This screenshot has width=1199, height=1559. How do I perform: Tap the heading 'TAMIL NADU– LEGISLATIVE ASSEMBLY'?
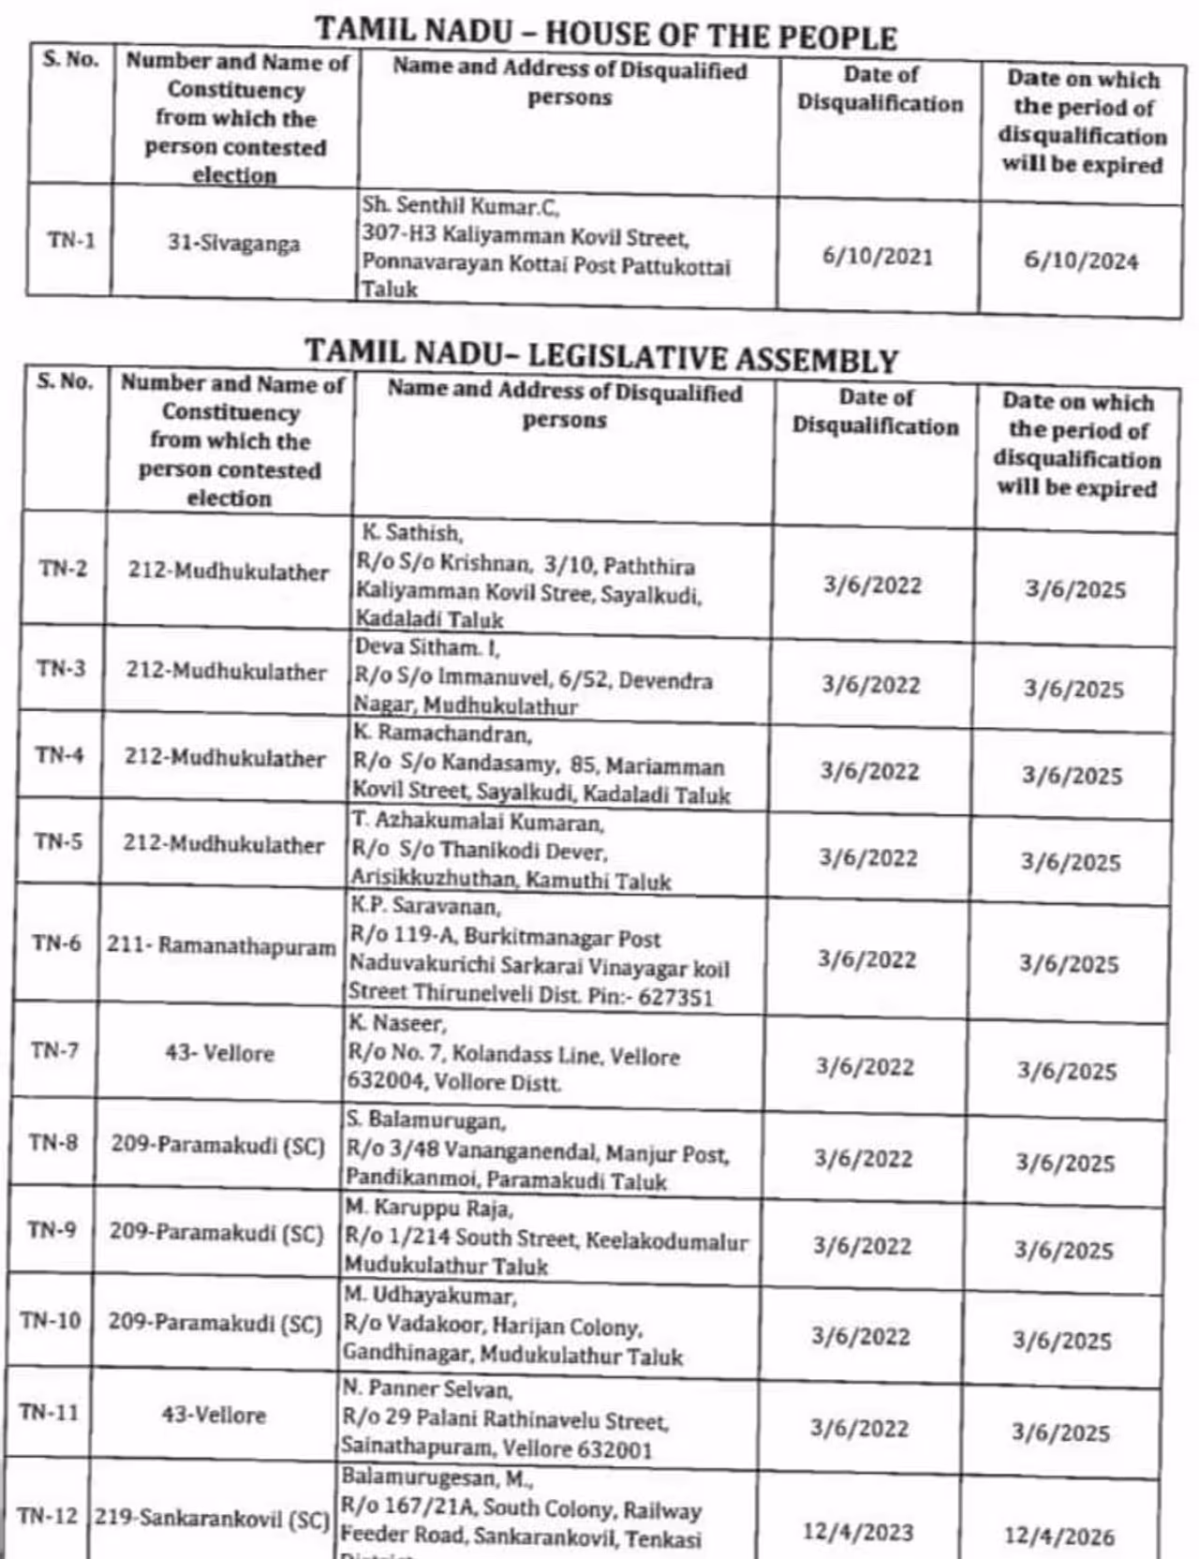pos(600,356)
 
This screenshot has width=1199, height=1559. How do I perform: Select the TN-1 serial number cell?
pos(71,241)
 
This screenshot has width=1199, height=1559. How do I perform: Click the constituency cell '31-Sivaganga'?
pos(233,244)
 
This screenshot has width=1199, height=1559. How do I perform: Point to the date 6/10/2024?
pos(1081,261)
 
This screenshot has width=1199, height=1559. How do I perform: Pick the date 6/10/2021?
pos(878,257)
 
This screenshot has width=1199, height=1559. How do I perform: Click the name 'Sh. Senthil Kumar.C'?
pos(461,205)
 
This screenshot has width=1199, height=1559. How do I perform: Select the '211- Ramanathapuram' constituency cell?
pos(221,945)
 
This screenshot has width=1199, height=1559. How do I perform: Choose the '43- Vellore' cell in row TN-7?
pos(219,1052)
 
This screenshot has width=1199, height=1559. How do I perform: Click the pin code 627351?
pos(675,997)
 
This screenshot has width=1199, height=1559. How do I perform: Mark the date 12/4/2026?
pos(1059,1537)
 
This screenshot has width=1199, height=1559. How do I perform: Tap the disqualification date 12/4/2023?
pos(857,1532)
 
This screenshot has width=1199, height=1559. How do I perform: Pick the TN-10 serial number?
pos(51,1320)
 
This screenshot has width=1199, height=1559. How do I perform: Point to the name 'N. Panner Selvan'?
pos(426,1388)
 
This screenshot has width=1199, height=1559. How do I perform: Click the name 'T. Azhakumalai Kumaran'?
pos(478,823)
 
